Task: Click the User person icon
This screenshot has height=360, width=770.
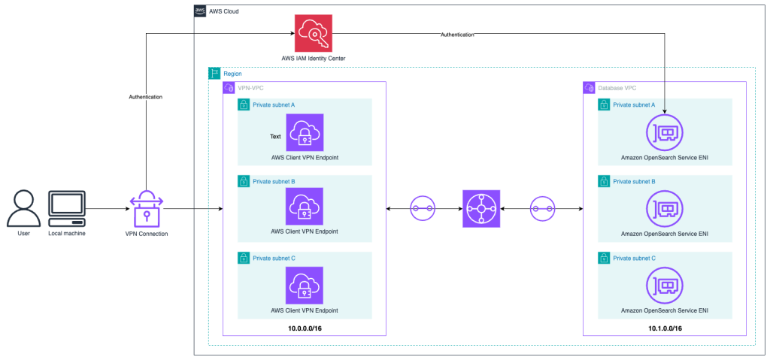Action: click(x=24, y=208)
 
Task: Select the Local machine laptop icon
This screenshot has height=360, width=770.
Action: click(x=67, y=208)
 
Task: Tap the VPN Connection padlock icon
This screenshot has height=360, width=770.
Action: click(x=147, y=208)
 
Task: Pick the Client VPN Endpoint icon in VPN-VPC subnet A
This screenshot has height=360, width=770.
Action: click(x=305, y=132)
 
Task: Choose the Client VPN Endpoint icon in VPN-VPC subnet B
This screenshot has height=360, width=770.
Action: click(x=305, y=206)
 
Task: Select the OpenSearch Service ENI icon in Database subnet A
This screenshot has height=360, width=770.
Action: click(x=665, y=132)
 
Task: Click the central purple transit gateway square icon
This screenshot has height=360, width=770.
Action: click(x=481, y=207)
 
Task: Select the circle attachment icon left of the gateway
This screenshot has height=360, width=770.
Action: click(x=423, y=207)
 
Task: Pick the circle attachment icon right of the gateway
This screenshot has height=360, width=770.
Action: click(x=542, y=207)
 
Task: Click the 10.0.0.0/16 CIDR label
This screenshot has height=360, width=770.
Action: click(x=305, y=328)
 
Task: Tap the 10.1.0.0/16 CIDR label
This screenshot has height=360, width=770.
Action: click(x=665, y=328)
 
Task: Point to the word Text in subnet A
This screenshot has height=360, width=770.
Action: click(x=276, y=136)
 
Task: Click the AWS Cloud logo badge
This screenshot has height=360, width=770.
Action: click(x=200, y=11)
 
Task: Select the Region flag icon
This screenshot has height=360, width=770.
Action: click(x=214, y=73)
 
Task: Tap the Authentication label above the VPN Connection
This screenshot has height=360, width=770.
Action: click(x=146, y=97)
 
